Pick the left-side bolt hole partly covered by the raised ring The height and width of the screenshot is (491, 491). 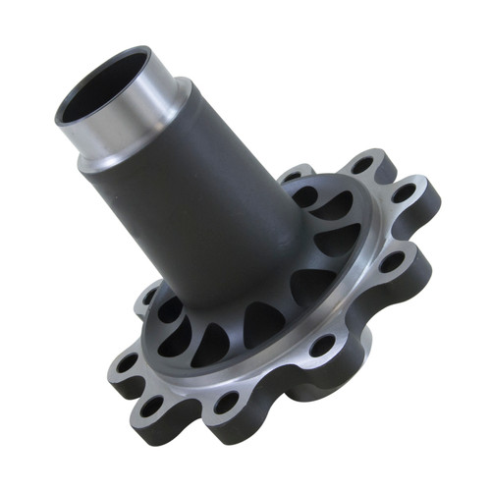[150, 295]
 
